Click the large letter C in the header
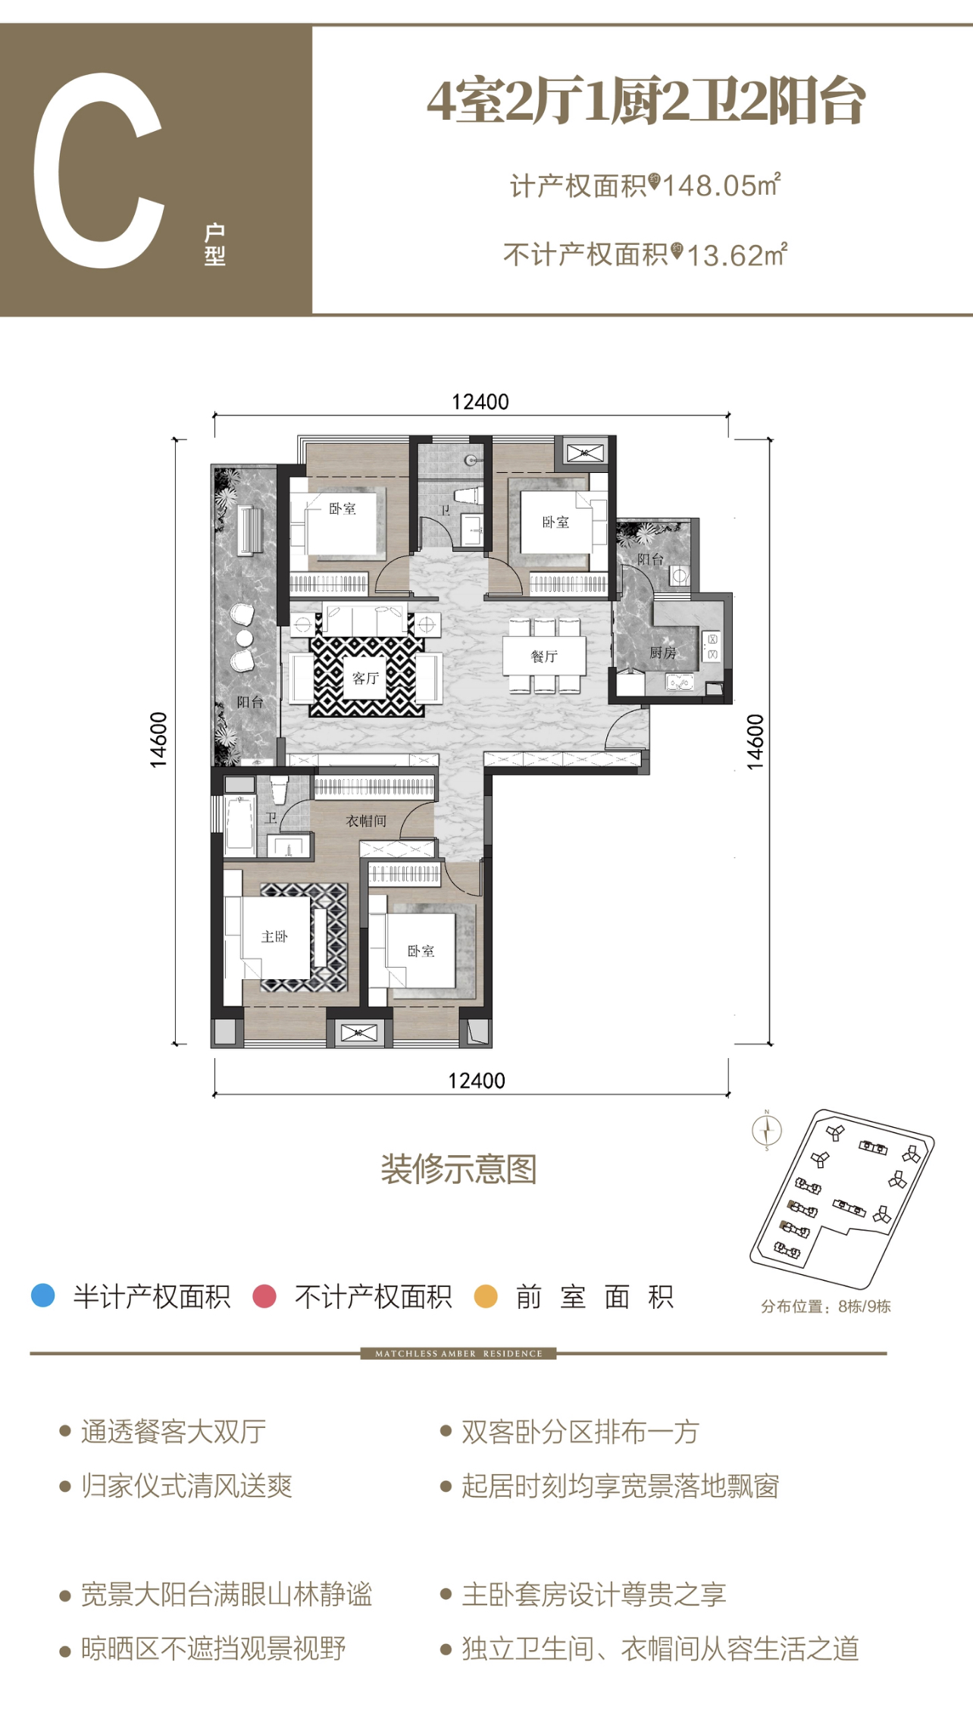pyautogui.click(x=99, y=171)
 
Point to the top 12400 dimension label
pyautogui.click(x=480, y=402)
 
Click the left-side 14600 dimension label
pyautogui.click(x=158, y=740)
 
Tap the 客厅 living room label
pyautogui.click(x=365, y=678)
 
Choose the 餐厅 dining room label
pyautogui.click(x=544, y=656)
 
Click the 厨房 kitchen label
pyautogui.click(x=662, y=653)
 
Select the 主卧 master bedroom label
pyautogui.click(x=274, y=937)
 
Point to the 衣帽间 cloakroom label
pyautogui.click(x=366, y=821)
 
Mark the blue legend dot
pyautogui.click(x=43, y=1296)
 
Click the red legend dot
pyautogui.click(x=264, y=1296)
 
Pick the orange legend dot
pyautogui.click(x=486, y=1296)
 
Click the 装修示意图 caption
pyautogui.click(x=459, y=1169)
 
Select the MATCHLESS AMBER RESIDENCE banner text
pyautogui.click(x=458, y=1354)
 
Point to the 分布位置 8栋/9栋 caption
pyautogui.click(x=826, y=1307)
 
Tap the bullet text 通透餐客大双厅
pyautogui.click(x=174, y=1432)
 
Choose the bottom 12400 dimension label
pyautogui.click(x=476, y=1081)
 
